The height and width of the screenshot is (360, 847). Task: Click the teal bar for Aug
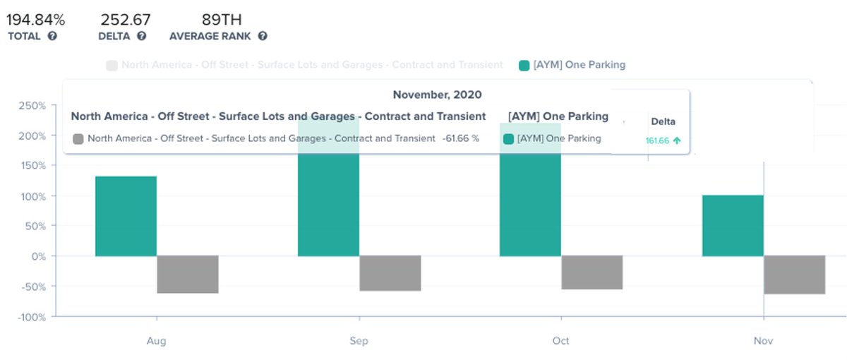coord(126,216)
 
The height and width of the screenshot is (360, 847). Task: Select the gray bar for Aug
coord(188,275)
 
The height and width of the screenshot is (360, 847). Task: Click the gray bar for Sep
coord(390,273)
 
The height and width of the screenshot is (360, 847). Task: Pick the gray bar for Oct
coord(592,272)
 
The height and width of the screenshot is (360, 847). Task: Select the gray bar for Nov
coord(795,275)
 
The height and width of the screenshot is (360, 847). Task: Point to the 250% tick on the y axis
coord(32,106)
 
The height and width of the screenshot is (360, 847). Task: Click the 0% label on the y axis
coord(37,256)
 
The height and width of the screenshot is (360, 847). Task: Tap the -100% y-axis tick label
coord(30,317)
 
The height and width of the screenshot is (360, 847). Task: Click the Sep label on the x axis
coord(359,341)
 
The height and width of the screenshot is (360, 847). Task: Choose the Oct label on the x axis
coord(561,341)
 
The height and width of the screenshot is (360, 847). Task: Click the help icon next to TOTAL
coord(52,36)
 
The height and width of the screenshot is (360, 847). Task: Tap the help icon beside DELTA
coord(142,36)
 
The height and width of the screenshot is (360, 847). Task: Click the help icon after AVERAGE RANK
coord(263,36)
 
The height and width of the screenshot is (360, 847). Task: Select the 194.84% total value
coord(36,19)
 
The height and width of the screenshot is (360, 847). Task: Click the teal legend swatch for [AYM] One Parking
coord(524,65)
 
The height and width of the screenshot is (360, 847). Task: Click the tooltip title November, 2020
coord(437,95)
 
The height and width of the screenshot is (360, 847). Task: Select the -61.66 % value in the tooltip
coord(460,138)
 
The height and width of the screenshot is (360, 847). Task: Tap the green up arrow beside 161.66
coord(677,140)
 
